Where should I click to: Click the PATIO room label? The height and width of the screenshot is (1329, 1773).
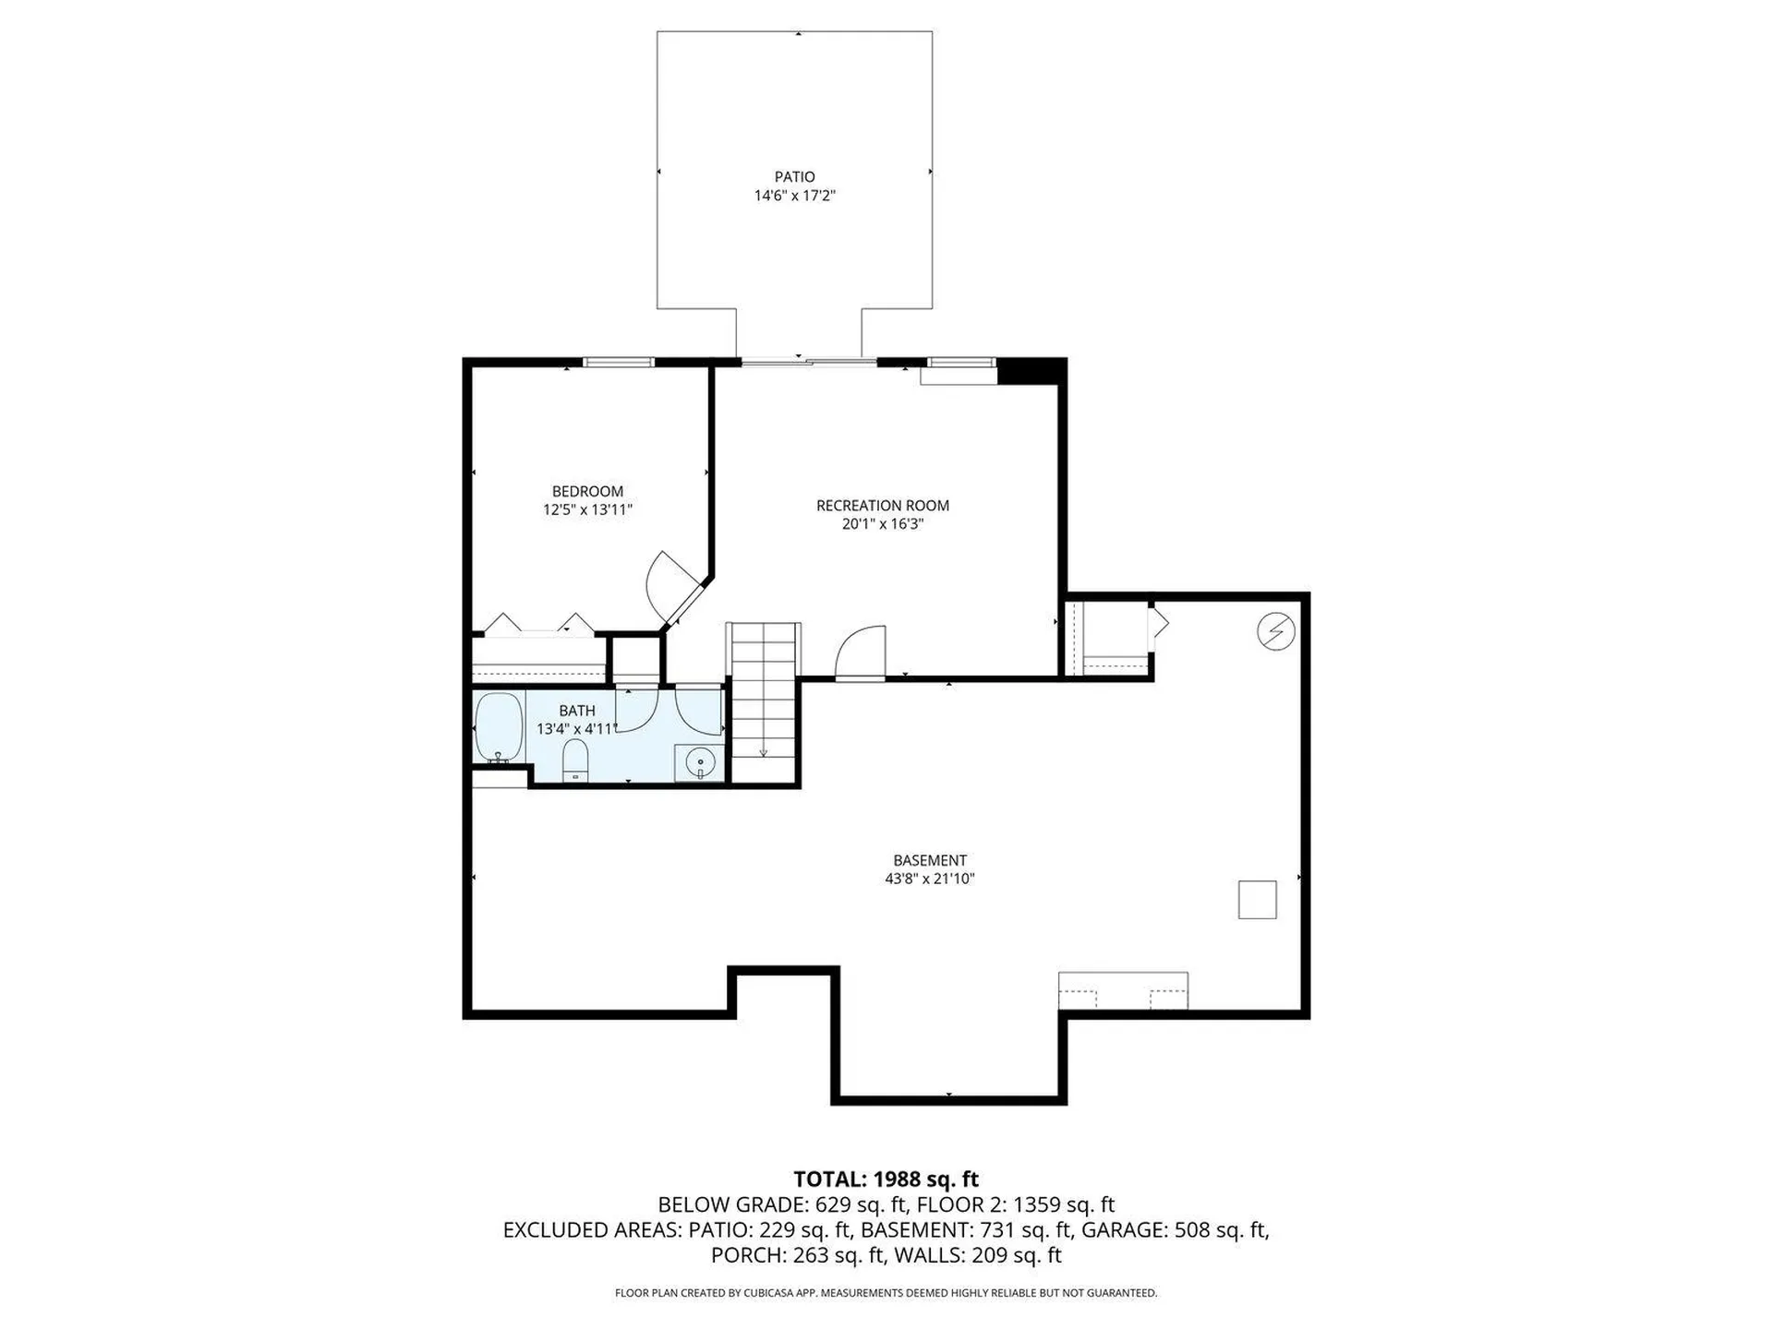tap(794, 176)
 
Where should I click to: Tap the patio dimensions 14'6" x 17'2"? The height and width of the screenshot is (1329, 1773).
tap(794, 196)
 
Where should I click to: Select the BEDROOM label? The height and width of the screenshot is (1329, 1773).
tap(587, 491)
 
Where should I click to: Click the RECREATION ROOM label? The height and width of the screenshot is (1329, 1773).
tap(882, 505)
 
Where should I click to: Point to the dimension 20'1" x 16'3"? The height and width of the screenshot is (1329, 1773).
tap(882, 524)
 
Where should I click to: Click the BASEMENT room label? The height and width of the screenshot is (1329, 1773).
tap(929, 860)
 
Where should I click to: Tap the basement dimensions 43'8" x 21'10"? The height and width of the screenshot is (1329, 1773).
tap(929, 879)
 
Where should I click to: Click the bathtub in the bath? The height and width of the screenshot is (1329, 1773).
tap(499, 727)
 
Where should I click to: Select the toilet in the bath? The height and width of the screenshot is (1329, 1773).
tap(575, 760)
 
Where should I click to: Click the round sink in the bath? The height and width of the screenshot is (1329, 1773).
tap(700, 763)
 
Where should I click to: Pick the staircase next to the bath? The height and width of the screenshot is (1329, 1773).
tap(763, 701)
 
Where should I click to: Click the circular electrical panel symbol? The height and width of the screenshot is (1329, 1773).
tap(1275, 632)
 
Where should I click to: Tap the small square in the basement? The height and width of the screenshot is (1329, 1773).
tap(1257, 900)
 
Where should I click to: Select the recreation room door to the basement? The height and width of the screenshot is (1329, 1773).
tap(861, 653)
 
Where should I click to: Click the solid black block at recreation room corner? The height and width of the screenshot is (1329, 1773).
tap(1031, 371)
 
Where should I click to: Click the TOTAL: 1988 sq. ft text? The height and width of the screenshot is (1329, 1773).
tap(886, 1179)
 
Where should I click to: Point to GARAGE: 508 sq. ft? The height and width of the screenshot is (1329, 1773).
tap(1174, 1230)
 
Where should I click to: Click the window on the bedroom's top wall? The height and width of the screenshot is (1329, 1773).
tap(619, 363)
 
